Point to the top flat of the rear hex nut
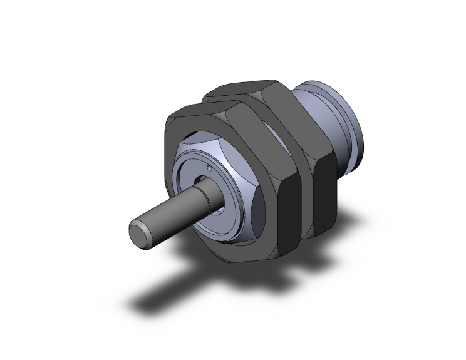tap(244, 88)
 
